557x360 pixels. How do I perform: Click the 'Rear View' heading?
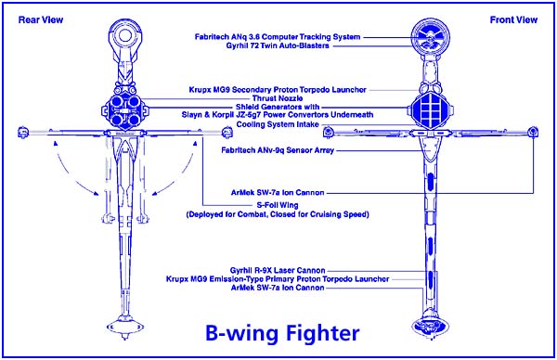point(41,19)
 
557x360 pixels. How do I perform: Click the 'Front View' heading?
point(513,19)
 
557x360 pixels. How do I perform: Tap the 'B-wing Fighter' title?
point(282,333)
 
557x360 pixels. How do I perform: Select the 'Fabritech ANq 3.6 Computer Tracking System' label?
point(278,37)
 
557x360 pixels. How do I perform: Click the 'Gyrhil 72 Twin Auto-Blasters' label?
point(278,45)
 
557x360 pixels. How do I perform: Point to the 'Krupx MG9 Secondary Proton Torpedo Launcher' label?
point(278,90)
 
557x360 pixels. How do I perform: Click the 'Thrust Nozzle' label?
point(278,98)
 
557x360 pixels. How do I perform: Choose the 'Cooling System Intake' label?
point(278,124)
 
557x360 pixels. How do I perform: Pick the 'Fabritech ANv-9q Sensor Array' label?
point(278,150)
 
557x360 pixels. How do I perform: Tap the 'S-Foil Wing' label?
point(278,205)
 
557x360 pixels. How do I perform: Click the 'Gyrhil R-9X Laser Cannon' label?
point(278,271)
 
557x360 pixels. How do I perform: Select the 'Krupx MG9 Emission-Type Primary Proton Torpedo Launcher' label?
point(278,279)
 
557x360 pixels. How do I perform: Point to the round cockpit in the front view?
point(430,37)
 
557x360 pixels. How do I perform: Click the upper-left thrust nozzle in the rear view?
point(116,102)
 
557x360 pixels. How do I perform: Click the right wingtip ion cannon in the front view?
point(533,132)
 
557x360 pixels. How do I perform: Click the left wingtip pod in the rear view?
point(23,133)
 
